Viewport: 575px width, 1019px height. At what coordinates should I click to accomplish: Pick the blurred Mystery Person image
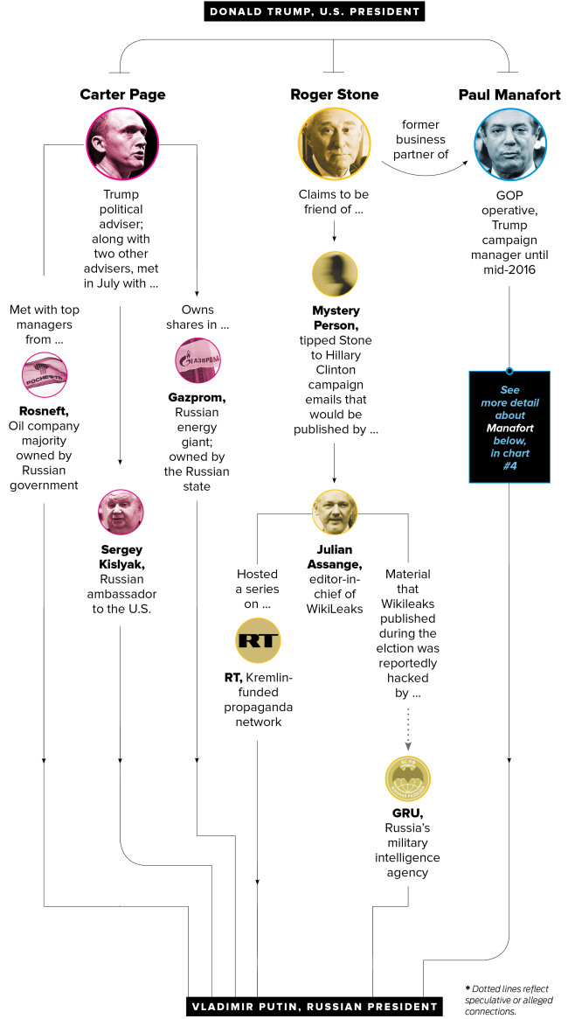(x=335, y=273)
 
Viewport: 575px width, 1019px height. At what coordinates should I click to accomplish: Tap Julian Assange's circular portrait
(x=335, y=513)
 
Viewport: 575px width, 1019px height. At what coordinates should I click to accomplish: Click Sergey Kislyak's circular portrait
(x=121, y=513)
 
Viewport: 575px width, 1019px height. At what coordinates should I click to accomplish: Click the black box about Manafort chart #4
(x=509, y=427)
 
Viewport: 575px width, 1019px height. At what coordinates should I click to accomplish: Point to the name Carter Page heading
(x=122, y=94)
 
